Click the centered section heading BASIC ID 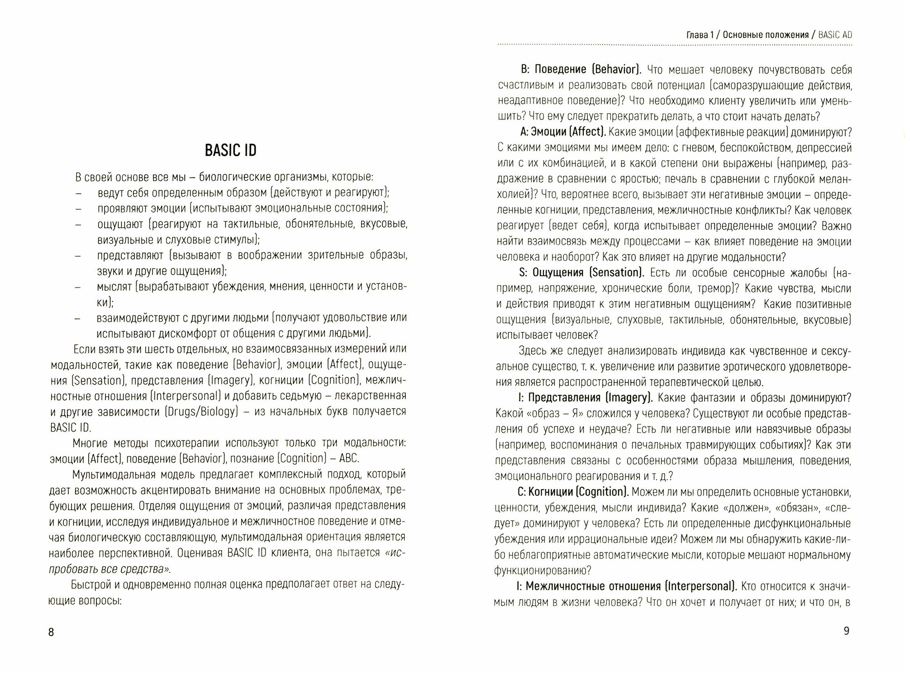(231, 150)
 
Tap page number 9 (847, 631)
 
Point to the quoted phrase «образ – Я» (557, 413)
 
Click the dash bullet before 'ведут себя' (78, 193)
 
